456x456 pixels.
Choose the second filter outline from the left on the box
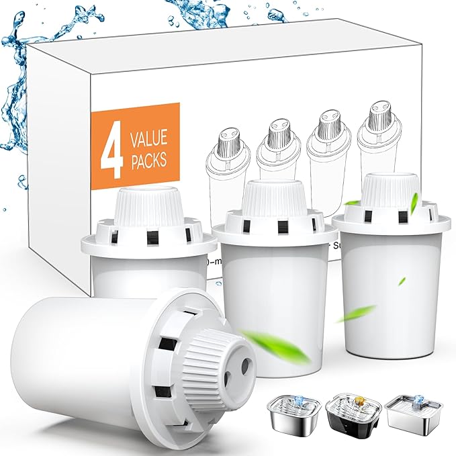pyautogui.click(x=274, y=154)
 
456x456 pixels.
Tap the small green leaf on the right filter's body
pyautogui.click(x=401, y=281)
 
